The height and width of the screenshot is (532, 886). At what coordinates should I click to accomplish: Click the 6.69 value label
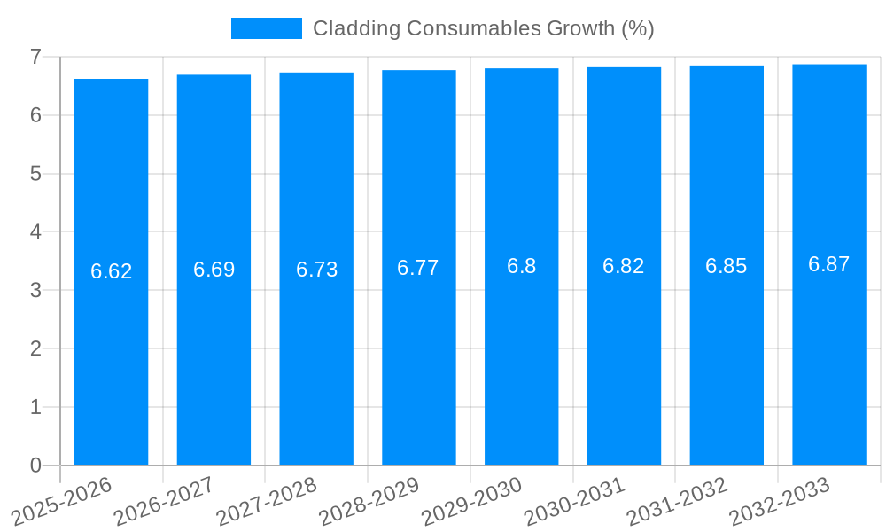pyautogui.click(x=214, y=270)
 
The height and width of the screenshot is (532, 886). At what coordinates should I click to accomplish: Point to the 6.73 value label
pyautogui.click(x=317, y=270)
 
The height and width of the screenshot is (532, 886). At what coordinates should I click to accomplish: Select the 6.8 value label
pyautogui.click(x=522, y=266)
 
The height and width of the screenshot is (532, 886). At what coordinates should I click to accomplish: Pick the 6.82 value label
pyautogui.click(x=624, y=266)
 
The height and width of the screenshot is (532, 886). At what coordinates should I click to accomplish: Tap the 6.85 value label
pyautogui.click(x=727, y=266)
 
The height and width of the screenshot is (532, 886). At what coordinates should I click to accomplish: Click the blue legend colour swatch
pyautogui.click(x=266, y=28)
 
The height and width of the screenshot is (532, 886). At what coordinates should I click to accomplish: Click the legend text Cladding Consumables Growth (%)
pyautogui.click(x=484, y=28)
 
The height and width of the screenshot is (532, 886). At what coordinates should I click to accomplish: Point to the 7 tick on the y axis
pyautogui.click(x=35, y=57)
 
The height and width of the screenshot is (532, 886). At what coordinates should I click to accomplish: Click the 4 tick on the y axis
pyautogui.click(x=35, y=232)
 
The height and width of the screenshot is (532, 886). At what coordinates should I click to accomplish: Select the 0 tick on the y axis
pyautogui.click(x=35, y=465)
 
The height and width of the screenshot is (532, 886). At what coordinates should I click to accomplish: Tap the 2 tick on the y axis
pyautogui.click(x=35, y=348)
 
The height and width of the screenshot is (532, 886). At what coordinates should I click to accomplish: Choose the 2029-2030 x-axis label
pyautogui.click(x=473, y=502)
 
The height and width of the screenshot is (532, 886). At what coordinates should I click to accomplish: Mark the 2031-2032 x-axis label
pyautogui.click(x=679, y=502)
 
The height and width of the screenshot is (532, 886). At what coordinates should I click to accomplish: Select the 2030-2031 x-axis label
pyautogui.click(x=576, y=502)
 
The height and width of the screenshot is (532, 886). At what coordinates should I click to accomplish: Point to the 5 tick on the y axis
pyautogui.click(x=35, y=174)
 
